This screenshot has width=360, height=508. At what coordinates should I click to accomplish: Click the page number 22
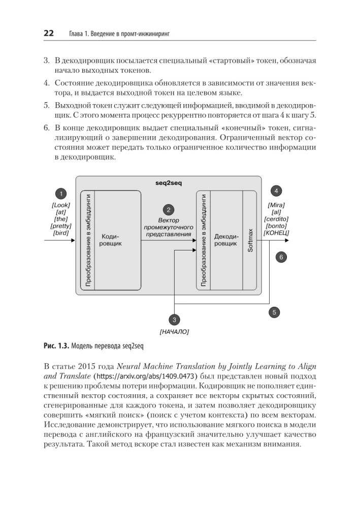49,34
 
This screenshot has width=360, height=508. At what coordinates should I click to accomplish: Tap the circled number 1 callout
60,194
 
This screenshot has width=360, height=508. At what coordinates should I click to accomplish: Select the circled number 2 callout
168,209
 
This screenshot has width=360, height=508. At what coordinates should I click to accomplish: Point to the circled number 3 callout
174,320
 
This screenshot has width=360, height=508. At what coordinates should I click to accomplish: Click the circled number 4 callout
276,191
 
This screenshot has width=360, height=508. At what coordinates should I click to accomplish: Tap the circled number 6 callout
281,257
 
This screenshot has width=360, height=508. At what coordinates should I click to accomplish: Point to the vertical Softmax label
250,240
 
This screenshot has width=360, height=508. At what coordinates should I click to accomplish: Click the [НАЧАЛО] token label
174,332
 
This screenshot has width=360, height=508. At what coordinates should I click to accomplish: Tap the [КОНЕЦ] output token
276,233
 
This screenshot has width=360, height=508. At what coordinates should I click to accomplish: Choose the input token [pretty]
61,226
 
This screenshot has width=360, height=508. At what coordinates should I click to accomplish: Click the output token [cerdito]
276,219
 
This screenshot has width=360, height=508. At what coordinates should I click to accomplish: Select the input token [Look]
61,205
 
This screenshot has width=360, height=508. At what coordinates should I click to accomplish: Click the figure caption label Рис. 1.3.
56,347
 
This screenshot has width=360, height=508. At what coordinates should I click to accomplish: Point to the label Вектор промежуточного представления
168,228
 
